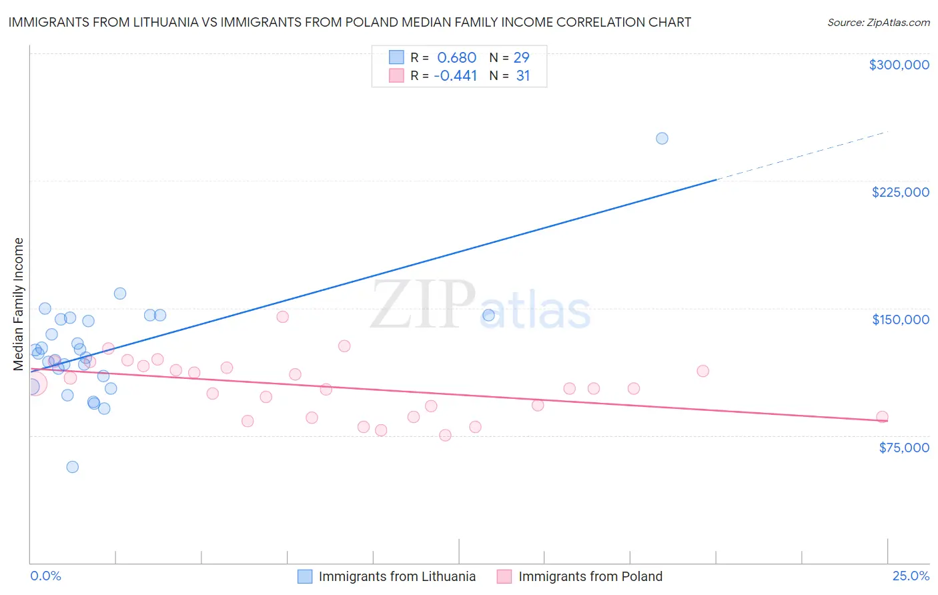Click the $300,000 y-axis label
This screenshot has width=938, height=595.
tap(899, 65)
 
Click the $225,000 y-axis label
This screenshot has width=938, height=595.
tap(900, 192)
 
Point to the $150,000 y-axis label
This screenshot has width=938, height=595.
tap(900, 320)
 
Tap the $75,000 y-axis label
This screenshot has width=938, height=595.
tap(903, 448)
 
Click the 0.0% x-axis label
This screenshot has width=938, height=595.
tap(45, 576)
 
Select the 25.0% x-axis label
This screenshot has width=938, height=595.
tap(911, 576)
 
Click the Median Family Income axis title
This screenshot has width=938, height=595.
tap(19, 304)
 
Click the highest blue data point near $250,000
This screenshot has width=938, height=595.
tap(662, 139)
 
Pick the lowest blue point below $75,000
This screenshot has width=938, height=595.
tap(73, 467)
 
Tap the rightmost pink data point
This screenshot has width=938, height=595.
tap(882, 417)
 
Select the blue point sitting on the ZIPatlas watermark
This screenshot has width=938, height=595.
tap(488, 316)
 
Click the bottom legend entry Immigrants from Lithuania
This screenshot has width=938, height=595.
tap(397, 576)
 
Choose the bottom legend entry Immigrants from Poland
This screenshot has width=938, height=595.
tap(590, 576)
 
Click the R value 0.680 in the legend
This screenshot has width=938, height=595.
tap(456, 58)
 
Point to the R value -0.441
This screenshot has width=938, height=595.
tap(455, 76)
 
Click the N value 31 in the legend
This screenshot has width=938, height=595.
tap(523, 76)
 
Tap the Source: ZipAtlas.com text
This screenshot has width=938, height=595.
tap(878, 23)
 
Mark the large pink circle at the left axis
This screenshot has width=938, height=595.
tap(33, 384)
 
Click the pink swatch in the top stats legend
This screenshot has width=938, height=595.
tap(396, 75)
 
